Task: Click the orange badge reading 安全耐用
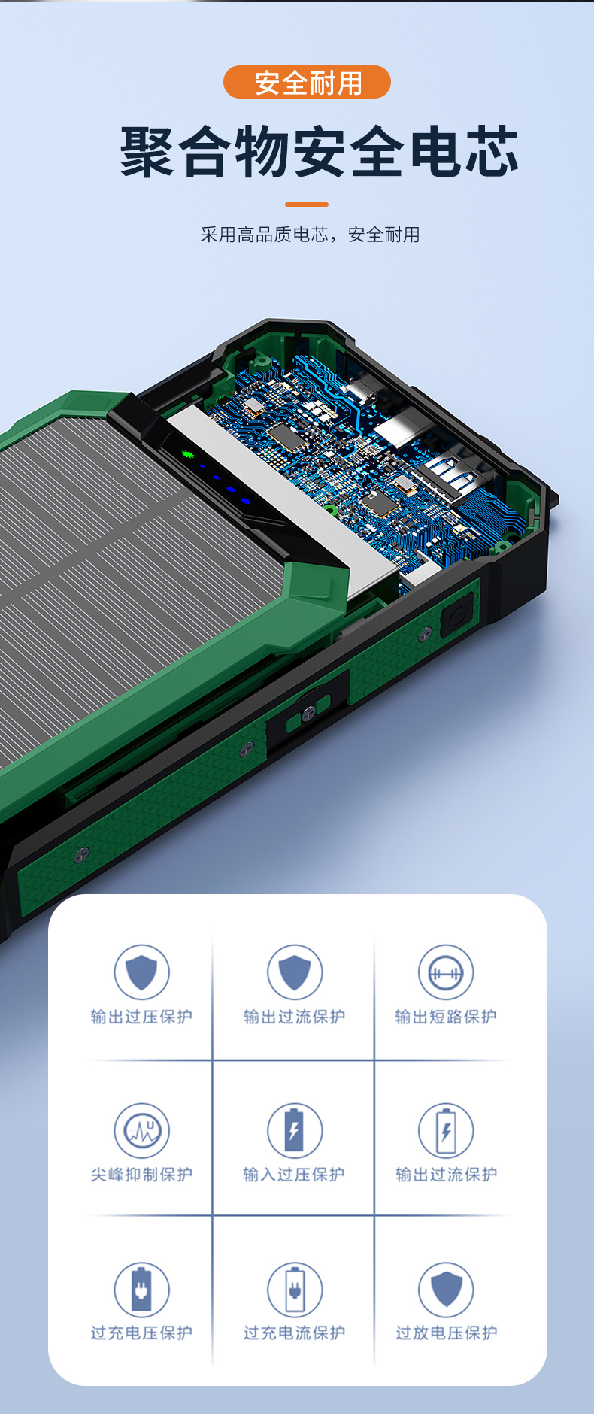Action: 307,82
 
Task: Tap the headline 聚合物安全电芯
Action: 320,152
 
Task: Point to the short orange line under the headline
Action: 307,204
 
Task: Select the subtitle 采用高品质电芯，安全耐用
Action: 310,235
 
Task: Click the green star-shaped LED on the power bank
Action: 187,454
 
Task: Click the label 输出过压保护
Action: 142,1017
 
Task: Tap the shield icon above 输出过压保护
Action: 141,972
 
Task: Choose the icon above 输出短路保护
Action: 446,972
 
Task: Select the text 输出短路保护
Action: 446,1017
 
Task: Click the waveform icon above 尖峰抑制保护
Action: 141,1130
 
